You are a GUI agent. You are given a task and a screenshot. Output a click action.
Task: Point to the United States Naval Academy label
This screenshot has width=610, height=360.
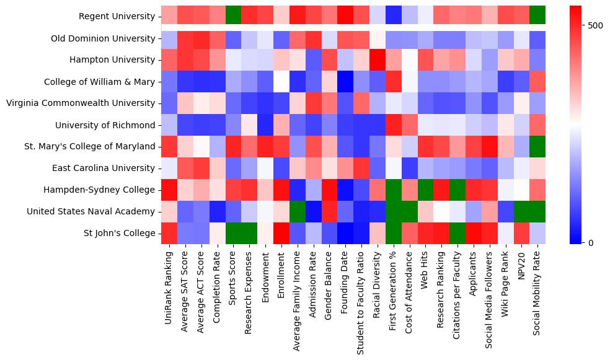pos(91,212)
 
